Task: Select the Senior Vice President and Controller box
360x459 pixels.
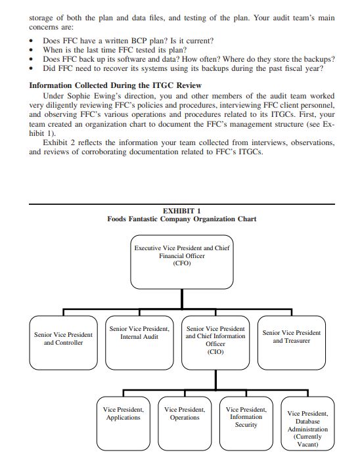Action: click(64, 342)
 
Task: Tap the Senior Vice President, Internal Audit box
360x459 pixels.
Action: click(139, 342)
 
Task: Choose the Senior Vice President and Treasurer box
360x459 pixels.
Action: click(292, 342)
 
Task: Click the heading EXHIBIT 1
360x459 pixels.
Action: click(181, 211)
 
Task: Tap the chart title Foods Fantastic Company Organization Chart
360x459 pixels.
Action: click(182, 219)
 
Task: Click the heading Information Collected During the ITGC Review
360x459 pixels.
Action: click(116, 85)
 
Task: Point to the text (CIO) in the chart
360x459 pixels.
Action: click(215, 352)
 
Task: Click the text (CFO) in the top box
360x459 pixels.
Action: click(181, 263)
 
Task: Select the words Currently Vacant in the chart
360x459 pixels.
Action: click(307, 440)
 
